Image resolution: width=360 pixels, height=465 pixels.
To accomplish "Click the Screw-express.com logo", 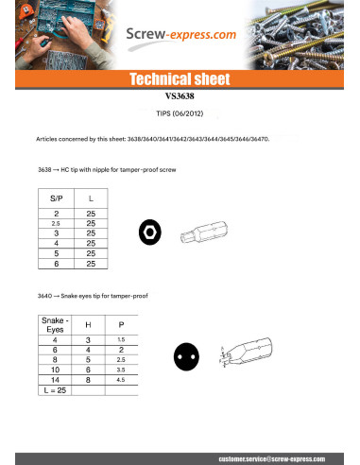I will pos(181,35).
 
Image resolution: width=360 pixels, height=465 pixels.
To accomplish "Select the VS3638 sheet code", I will pos(179,96).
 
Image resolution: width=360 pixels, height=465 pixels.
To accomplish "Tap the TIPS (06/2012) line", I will pos(179,111).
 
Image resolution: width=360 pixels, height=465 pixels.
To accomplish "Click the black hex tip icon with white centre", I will pos(148,230).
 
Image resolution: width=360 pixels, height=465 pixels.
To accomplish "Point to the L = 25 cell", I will pos(55,389).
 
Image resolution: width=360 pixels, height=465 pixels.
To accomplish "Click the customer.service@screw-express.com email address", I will pos(283,457).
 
